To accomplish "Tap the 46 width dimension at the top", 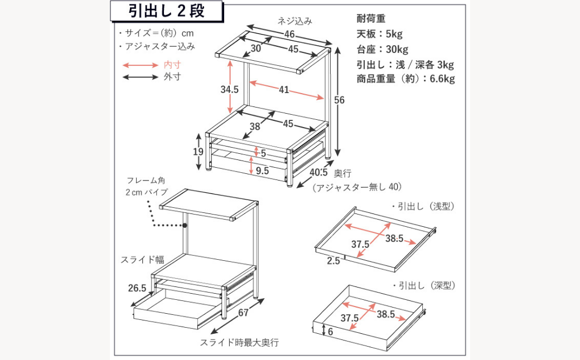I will pyautogui.click(x=289, y=35).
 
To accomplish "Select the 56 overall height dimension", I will pyautogui.click(x=339, y=100).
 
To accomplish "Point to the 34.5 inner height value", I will pyautogui.click(x=229, y=89).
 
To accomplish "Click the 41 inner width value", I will pyautogui.click(x=284, y=90).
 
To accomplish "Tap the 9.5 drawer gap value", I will pyautogui.click(x=262, y=171).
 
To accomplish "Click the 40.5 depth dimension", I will pyautogui.click(x=318, y=173).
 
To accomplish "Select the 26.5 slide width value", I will pyautogui.click(x=137, y=288).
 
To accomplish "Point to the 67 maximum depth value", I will pyautogui.click(x=243, y=313).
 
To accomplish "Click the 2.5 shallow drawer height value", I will pyautogui.click(x=333, y=261).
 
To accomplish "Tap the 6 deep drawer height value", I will pyautogui.click(x=330, y=332).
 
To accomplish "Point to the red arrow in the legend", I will pyautogui.click(x=140, y=65).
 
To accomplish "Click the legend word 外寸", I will pyautogui.click(x=172, y=77).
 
